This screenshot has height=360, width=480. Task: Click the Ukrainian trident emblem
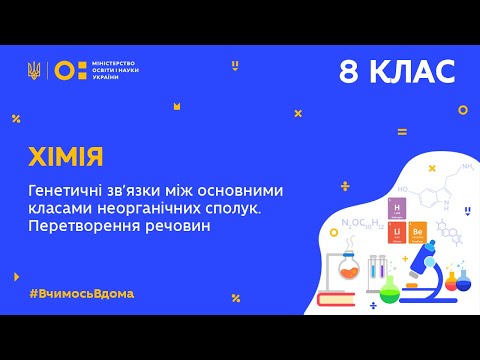click(35, 70)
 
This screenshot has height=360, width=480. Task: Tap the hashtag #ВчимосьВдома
click(82, 293)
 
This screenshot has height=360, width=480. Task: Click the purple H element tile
click(396, 206)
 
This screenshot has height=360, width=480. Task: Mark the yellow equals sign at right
click(402, 131)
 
